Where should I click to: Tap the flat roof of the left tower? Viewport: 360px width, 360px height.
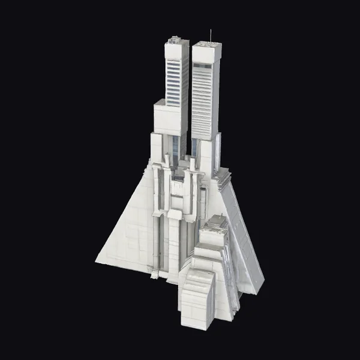pos(176,41)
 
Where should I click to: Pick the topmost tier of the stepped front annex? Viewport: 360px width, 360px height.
pos(215,222)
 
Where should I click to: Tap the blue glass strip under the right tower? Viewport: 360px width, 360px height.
pos(195,148)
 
